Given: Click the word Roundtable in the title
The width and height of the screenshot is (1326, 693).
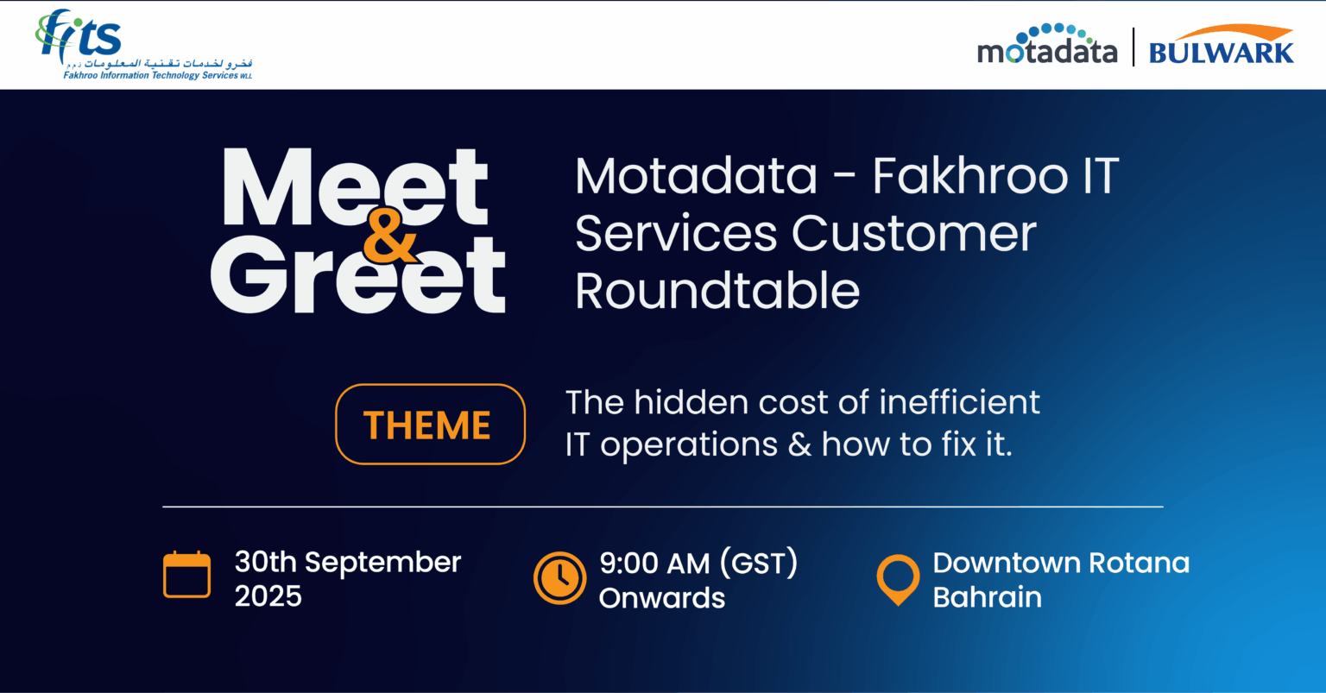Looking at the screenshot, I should coord(717,291).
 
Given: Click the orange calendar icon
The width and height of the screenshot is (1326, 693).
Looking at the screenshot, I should coord(186,575).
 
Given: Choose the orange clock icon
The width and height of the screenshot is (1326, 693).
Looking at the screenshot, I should coord(559,576).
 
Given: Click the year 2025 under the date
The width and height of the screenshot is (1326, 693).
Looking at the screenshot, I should coord(268,596).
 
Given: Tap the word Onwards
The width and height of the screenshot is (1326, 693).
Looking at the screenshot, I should coord(662,597).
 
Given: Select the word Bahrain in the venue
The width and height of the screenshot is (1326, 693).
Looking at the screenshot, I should coord(987,597).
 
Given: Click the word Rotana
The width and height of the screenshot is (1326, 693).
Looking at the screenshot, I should coord(1139,563).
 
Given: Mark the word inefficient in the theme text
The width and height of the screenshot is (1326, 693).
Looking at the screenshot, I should coord(959,402).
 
